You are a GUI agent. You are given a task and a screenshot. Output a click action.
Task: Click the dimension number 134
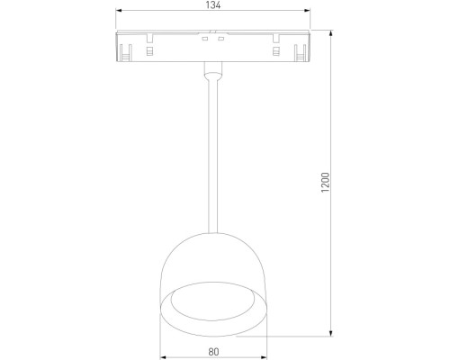[212, 5]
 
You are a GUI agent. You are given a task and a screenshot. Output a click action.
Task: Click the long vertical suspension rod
[212, 153]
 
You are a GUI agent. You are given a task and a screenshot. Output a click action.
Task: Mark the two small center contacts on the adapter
[212, 38]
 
